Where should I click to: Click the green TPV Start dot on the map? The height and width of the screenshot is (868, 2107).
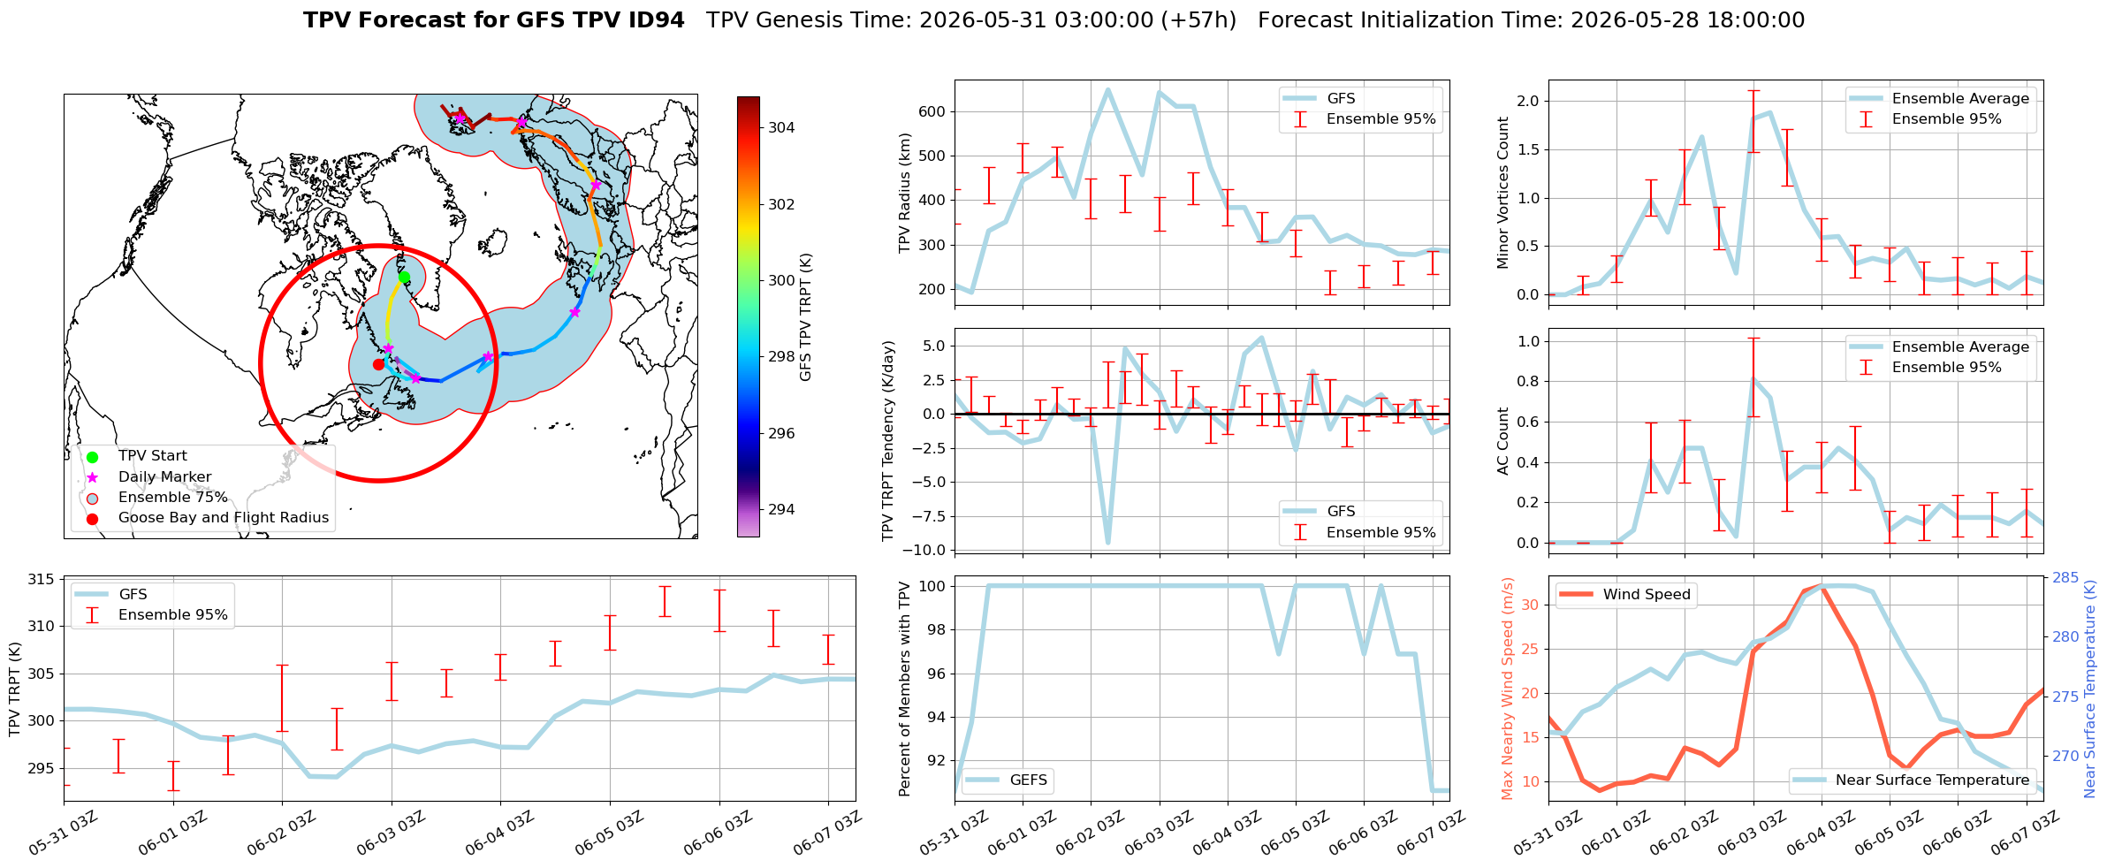(404, 278)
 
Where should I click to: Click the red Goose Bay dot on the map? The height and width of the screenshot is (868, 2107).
(378, 364)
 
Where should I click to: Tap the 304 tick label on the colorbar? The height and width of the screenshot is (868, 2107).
(781, 127)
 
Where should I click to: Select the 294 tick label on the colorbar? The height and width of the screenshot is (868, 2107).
(781, 509)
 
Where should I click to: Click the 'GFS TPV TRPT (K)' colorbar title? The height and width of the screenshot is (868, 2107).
(805, 317)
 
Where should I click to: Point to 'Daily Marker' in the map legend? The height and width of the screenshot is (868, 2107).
(165, 476)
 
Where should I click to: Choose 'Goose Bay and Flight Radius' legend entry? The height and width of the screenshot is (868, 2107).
(224, 517)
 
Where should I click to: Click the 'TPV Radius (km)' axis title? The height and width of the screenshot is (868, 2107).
(904, 193)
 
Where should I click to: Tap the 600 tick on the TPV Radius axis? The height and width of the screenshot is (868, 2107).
(933, 111)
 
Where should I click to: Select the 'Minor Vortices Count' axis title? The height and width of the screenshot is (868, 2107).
(1502, 193)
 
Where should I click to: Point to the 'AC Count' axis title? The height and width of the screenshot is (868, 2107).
(1502, 441)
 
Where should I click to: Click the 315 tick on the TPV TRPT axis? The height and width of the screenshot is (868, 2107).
(42, 580)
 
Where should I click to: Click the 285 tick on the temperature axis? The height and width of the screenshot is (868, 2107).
(2065, 577)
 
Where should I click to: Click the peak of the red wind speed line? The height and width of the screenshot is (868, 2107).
(1821, 585)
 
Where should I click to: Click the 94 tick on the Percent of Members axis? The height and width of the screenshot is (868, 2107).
(937, 717)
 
